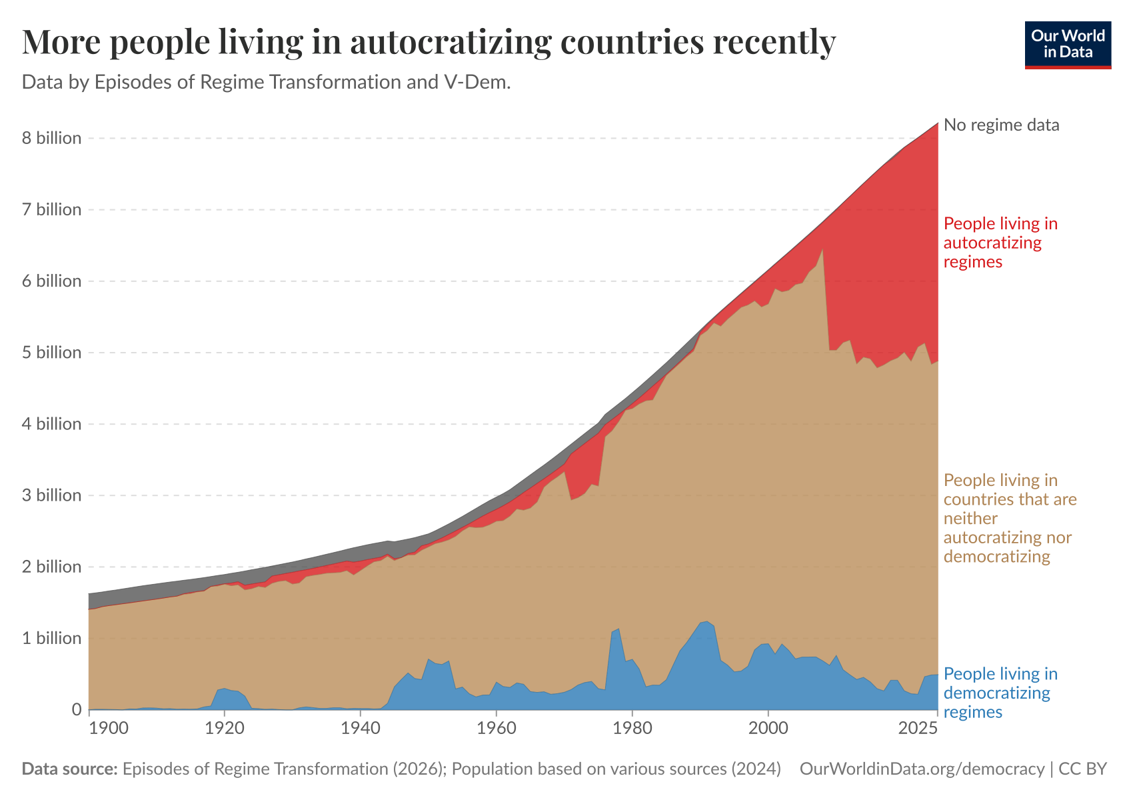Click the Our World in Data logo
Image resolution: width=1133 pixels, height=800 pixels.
click(1068, 45)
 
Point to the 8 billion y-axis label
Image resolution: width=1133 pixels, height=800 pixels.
click(51, 138)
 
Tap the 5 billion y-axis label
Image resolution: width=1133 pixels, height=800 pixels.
click(51, 352)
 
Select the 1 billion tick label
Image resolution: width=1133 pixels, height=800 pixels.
click(51, 638)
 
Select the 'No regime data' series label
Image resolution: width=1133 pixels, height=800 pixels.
click(1001, 125)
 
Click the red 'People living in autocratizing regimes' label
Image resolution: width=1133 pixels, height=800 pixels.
click(1000, 242)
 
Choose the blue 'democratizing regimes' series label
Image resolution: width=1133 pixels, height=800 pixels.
click(1000, 693)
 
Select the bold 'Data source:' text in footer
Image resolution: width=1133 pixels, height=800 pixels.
click(70, 769)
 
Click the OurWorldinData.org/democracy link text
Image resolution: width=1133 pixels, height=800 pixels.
click(922, 769)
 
